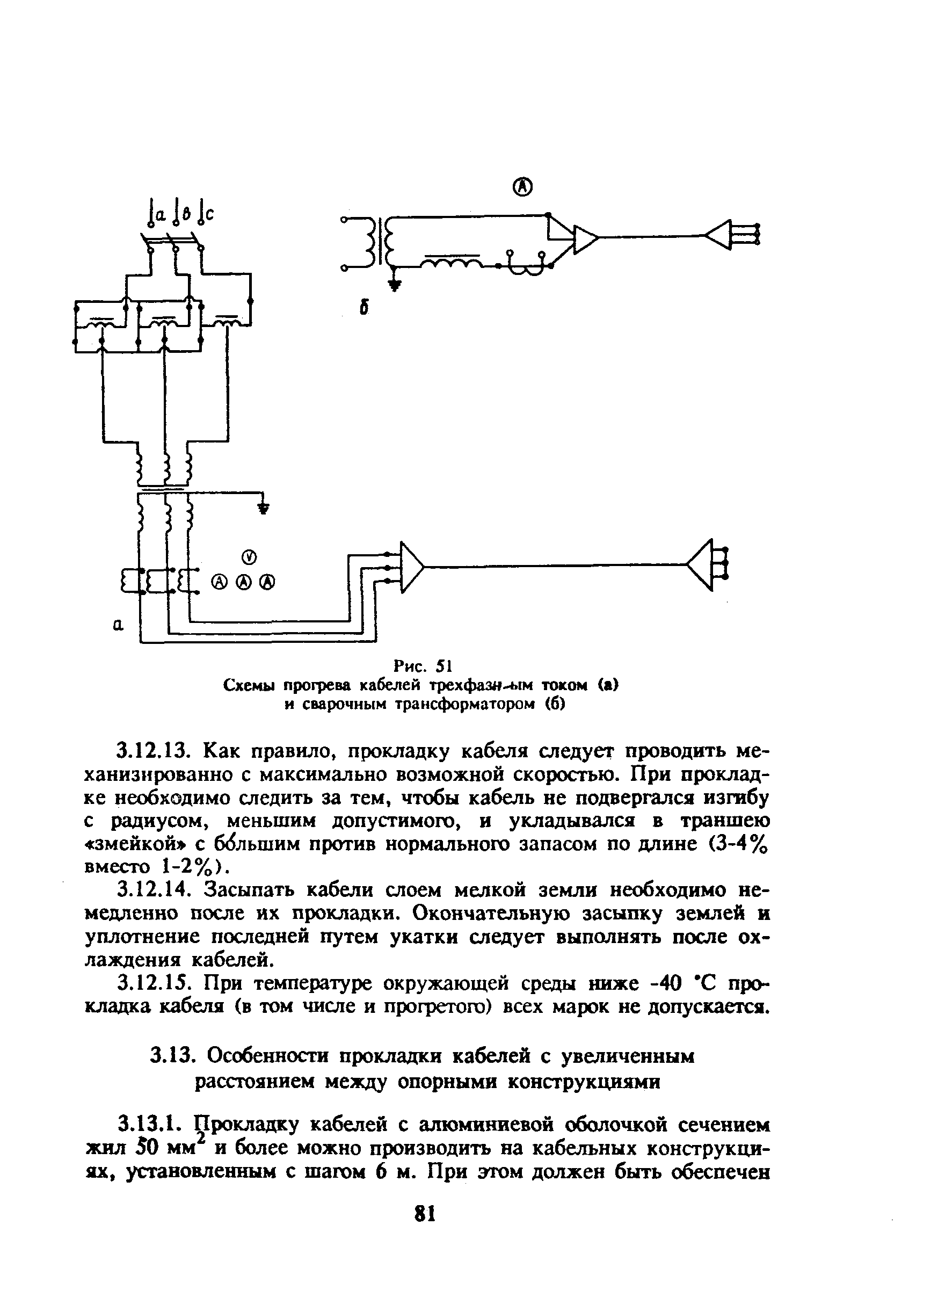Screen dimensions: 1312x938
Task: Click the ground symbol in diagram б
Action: point(395,285)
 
